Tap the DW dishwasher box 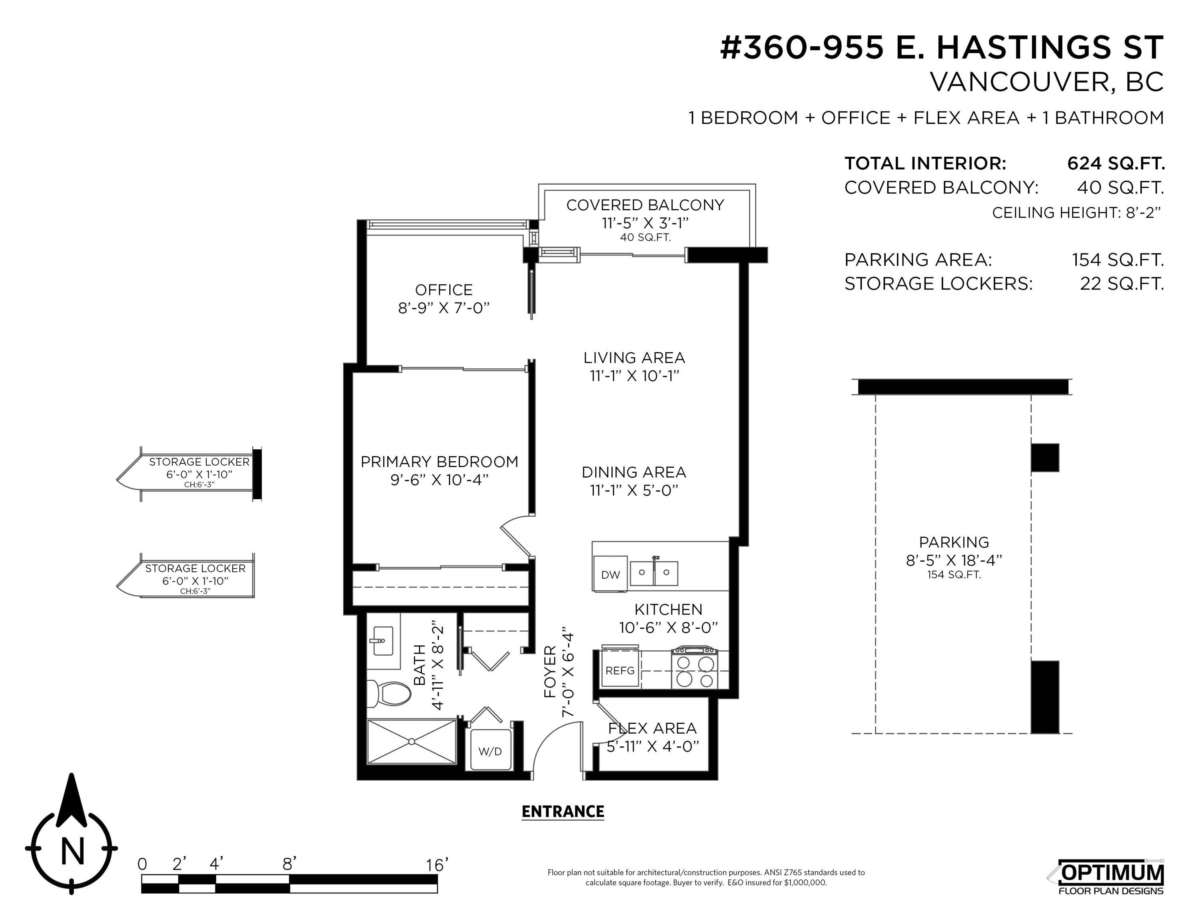(611, 574)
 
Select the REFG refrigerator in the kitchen (620, 670)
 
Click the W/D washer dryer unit (490, 751)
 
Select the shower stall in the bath (411, 742)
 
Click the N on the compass (72, 851)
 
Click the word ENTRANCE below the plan (563, 812)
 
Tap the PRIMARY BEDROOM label (439, 462)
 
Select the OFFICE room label (444, 290)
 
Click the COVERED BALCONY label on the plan (645, 205)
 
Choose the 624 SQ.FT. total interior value (1116, 163)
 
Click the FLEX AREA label (652, 728)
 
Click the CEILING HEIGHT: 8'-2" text (1076, 213)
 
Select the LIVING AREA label (634, 358)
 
